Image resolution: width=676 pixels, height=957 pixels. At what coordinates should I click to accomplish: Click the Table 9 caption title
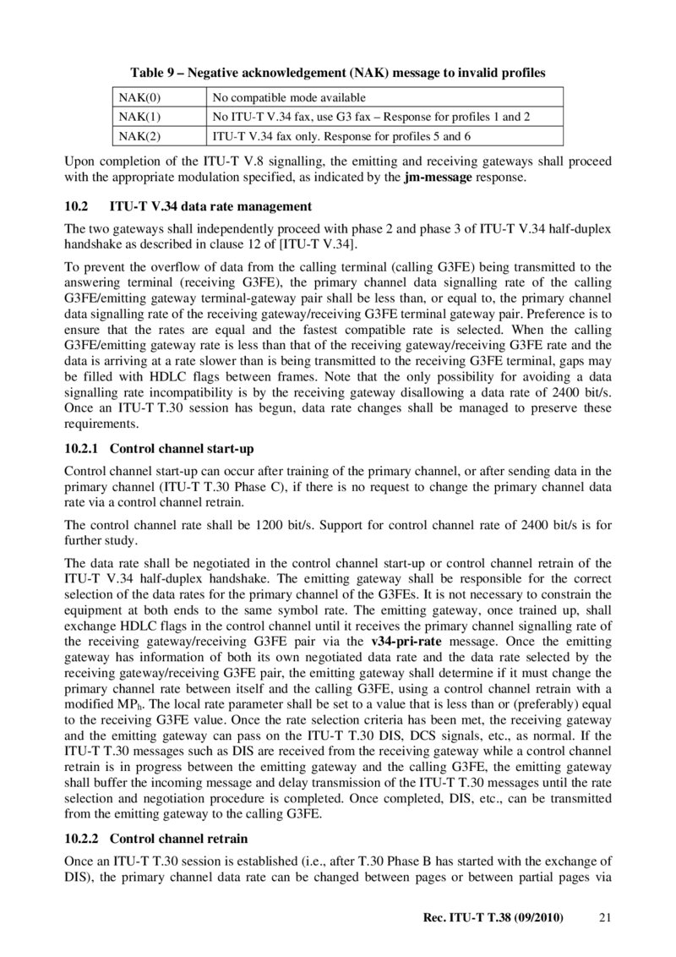(337, 74)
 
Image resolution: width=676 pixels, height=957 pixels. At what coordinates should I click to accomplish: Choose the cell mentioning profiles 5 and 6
(341, 135)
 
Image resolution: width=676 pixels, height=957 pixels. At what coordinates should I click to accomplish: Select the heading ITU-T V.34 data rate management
(211, 206)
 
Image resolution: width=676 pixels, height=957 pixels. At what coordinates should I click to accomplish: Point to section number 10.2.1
(81, 448)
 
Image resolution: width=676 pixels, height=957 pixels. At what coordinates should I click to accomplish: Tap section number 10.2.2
(81, 839)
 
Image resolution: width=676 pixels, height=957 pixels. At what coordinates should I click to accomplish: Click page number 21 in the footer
(603, 917)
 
